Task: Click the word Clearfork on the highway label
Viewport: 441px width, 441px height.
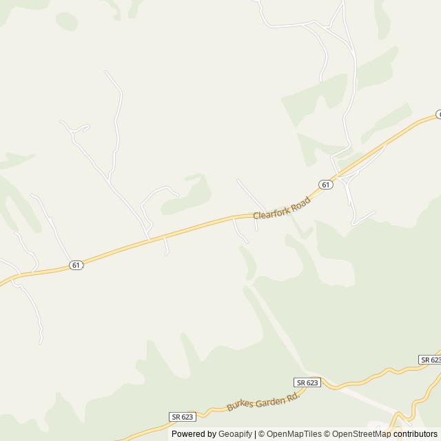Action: [271, 211]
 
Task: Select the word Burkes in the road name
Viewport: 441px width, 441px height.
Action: [238, 406]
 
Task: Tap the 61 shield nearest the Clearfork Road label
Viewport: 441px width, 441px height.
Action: [327, 184]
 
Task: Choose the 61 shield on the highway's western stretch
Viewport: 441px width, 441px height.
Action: [76, 265]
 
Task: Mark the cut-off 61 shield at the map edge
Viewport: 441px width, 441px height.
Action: [438, 115]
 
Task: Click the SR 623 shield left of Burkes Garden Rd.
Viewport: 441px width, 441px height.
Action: [182, 416]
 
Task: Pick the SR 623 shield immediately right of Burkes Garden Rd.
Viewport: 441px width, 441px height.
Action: [307, 382]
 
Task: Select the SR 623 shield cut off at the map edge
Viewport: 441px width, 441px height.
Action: [430, 360]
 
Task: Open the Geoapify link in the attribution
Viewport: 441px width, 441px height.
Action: [235, 434]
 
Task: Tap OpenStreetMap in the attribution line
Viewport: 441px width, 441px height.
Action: [362, 434]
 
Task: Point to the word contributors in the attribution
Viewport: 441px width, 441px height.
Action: [416, 434]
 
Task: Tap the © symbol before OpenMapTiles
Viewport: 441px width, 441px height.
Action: [262, 434]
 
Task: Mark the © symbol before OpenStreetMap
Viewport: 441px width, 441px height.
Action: [327, 434]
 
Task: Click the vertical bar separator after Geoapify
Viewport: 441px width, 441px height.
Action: [256, 434]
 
